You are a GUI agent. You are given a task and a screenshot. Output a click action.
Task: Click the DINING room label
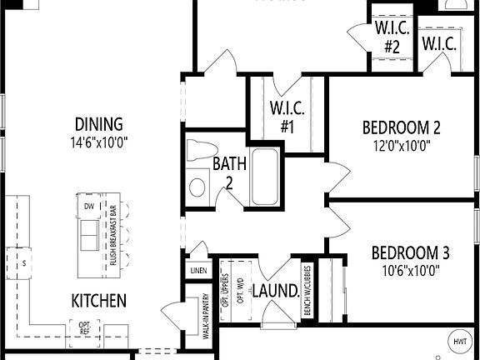pyautogui.click(x=97, y=124)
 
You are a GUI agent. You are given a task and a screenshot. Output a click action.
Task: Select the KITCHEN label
pyautogui.click(x=98, y=300)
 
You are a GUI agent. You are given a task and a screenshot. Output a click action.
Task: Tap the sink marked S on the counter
pyautogui.click(x=24, y=263)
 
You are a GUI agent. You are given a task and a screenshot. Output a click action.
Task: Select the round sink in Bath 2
pyautogui.click(x=197, y=187)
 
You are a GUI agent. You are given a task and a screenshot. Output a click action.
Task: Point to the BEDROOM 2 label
pyautogui.click(x=401, y=128)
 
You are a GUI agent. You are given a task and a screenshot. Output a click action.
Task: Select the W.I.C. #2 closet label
pyautogui.click(x=392, y=37)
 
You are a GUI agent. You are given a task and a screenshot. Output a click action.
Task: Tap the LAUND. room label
pyautogui.click(x=276, y=292)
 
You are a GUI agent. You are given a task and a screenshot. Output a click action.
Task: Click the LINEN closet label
pyautogui.click(x=198, y=271)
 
